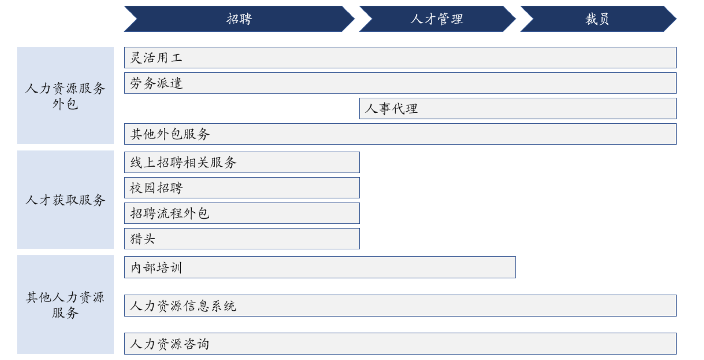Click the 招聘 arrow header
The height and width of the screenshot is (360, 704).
(239, 19)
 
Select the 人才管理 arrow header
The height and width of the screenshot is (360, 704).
(436, 19)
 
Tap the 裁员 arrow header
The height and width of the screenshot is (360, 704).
(597, 19)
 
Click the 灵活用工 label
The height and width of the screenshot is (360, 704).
(156, 58)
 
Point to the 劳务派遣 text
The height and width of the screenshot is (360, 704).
(156, 83)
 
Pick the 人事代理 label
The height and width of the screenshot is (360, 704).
(391, 108)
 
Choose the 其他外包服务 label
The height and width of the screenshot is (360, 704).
(170, 134)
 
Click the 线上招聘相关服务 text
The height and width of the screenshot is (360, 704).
(183, 162)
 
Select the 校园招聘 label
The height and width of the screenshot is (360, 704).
(156, 188)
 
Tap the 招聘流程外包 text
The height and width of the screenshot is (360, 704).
(170, 213)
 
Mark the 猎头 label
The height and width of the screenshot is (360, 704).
(143, 239)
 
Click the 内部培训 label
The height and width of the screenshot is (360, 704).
(156, 268)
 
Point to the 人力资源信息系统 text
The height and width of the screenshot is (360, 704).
(183, 306)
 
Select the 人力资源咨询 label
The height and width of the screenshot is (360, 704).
(170, 344)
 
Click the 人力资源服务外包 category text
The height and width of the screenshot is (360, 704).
(65, 96)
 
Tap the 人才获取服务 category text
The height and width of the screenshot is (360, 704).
(65, 200)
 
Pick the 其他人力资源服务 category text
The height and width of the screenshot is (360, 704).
(65, 305)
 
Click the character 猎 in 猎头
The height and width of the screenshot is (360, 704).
(136, 239)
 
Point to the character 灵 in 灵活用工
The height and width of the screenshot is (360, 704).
(136, 58)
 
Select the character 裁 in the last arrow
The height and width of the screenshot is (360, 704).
(591, 19)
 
